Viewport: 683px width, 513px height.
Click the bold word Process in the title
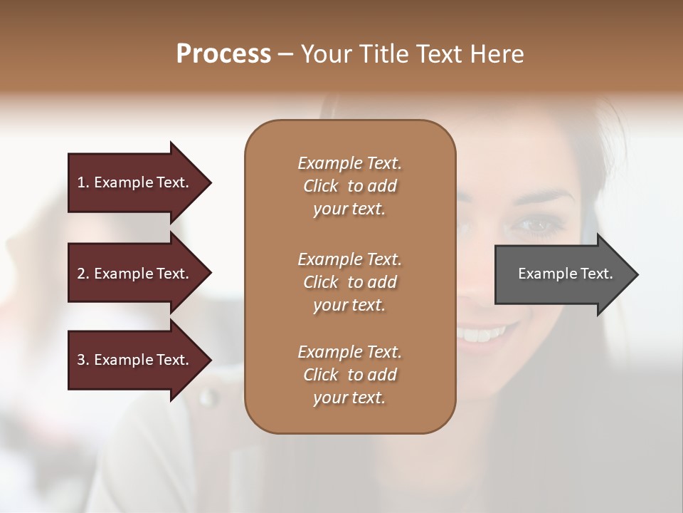pyautogui.click(x=223, y=54)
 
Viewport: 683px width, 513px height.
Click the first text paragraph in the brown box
pyautogui.click(x=349, y=186)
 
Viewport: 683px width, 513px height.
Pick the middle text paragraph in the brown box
pyautogui.click(x=349, y=281)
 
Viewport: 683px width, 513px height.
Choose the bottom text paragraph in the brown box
pyautogui.click(x=349, y=375)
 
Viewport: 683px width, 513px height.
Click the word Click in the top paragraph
pyautogui.click(x=320, y=186)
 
